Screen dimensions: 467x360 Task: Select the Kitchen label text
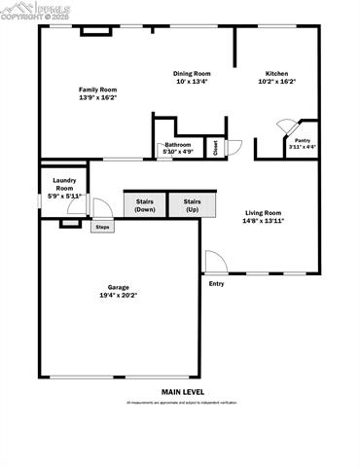click(276, 73)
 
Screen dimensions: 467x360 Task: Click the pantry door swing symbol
click(286, 126)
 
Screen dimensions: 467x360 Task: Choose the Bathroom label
click(177, 144)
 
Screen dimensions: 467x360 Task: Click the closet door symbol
click(234, 147)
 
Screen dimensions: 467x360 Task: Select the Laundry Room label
click(64, 183)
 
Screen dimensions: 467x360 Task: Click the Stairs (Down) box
click(145, 204)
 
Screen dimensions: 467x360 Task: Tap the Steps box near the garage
click(101, 227)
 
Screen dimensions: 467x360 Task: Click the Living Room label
click(264, 212)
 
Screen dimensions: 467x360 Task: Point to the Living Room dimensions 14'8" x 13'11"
click(264, 221)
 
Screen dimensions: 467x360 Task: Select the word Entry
click(216, 284)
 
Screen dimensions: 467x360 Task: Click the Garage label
click(119, 287)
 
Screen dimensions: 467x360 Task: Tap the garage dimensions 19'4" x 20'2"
click(119, 296)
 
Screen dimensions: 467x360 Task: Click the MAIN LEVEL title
click(182, 392)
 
